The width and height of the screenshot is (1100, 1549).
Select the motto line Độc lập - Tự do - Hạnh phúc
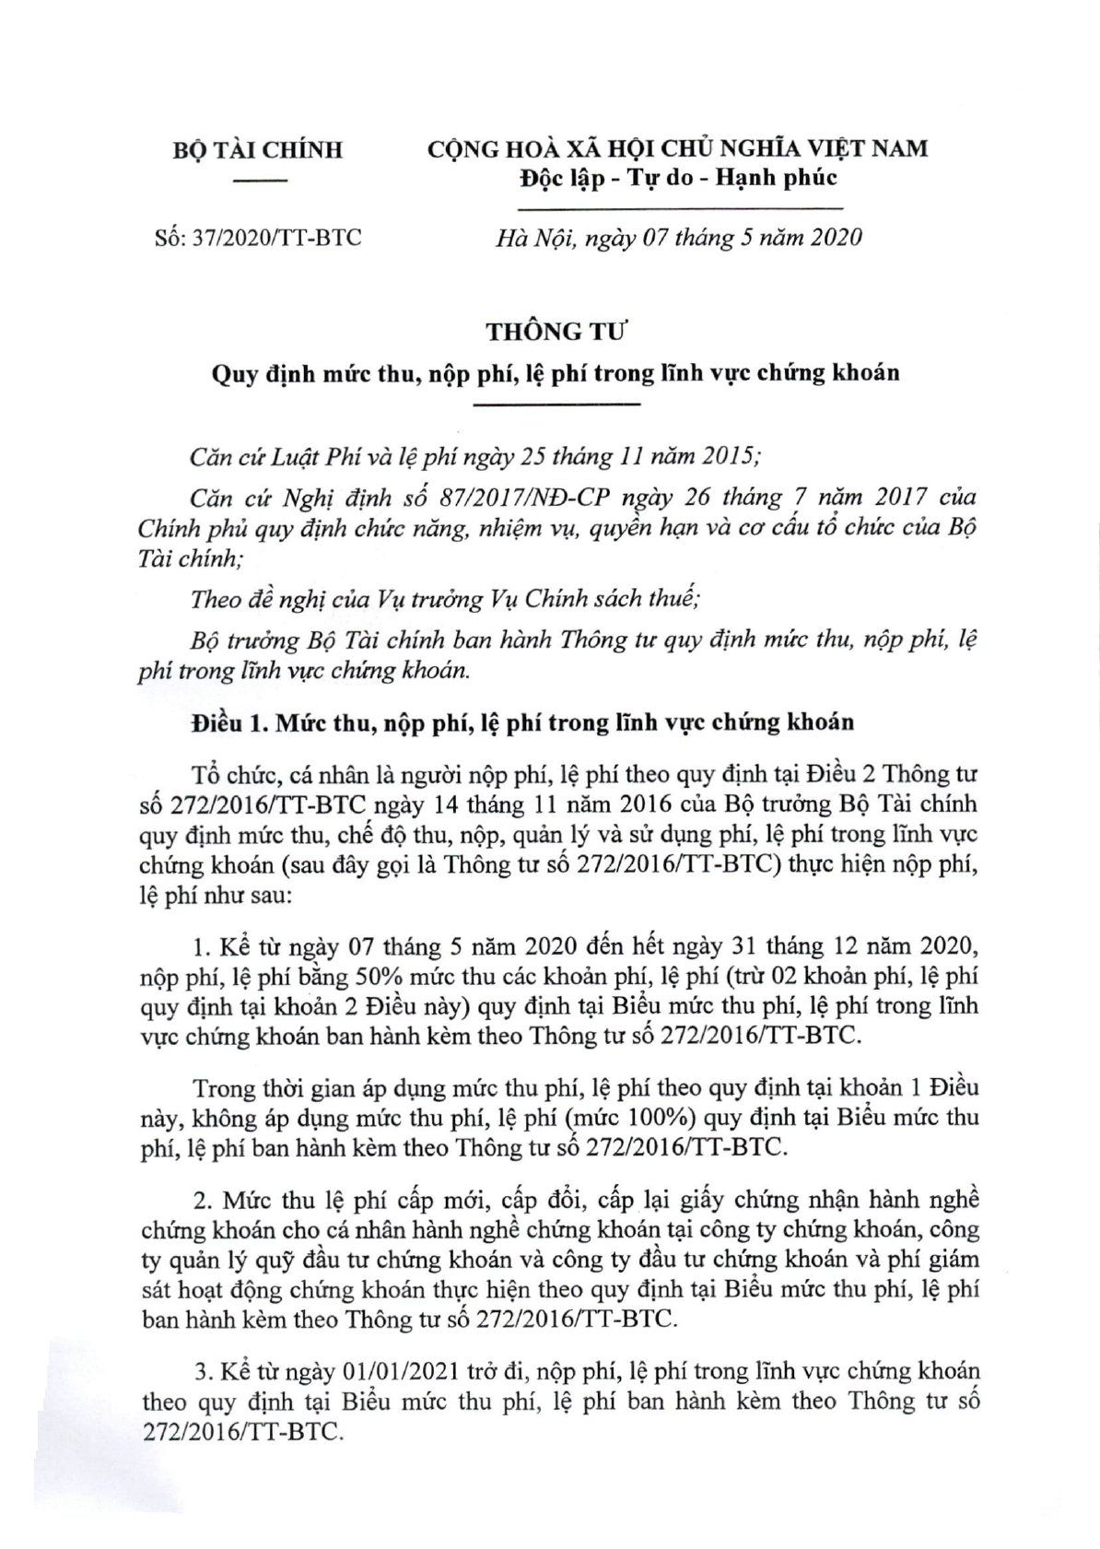click(677, 178)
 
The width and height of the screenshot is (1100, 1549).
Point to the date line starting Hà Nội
click(679, 238)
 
